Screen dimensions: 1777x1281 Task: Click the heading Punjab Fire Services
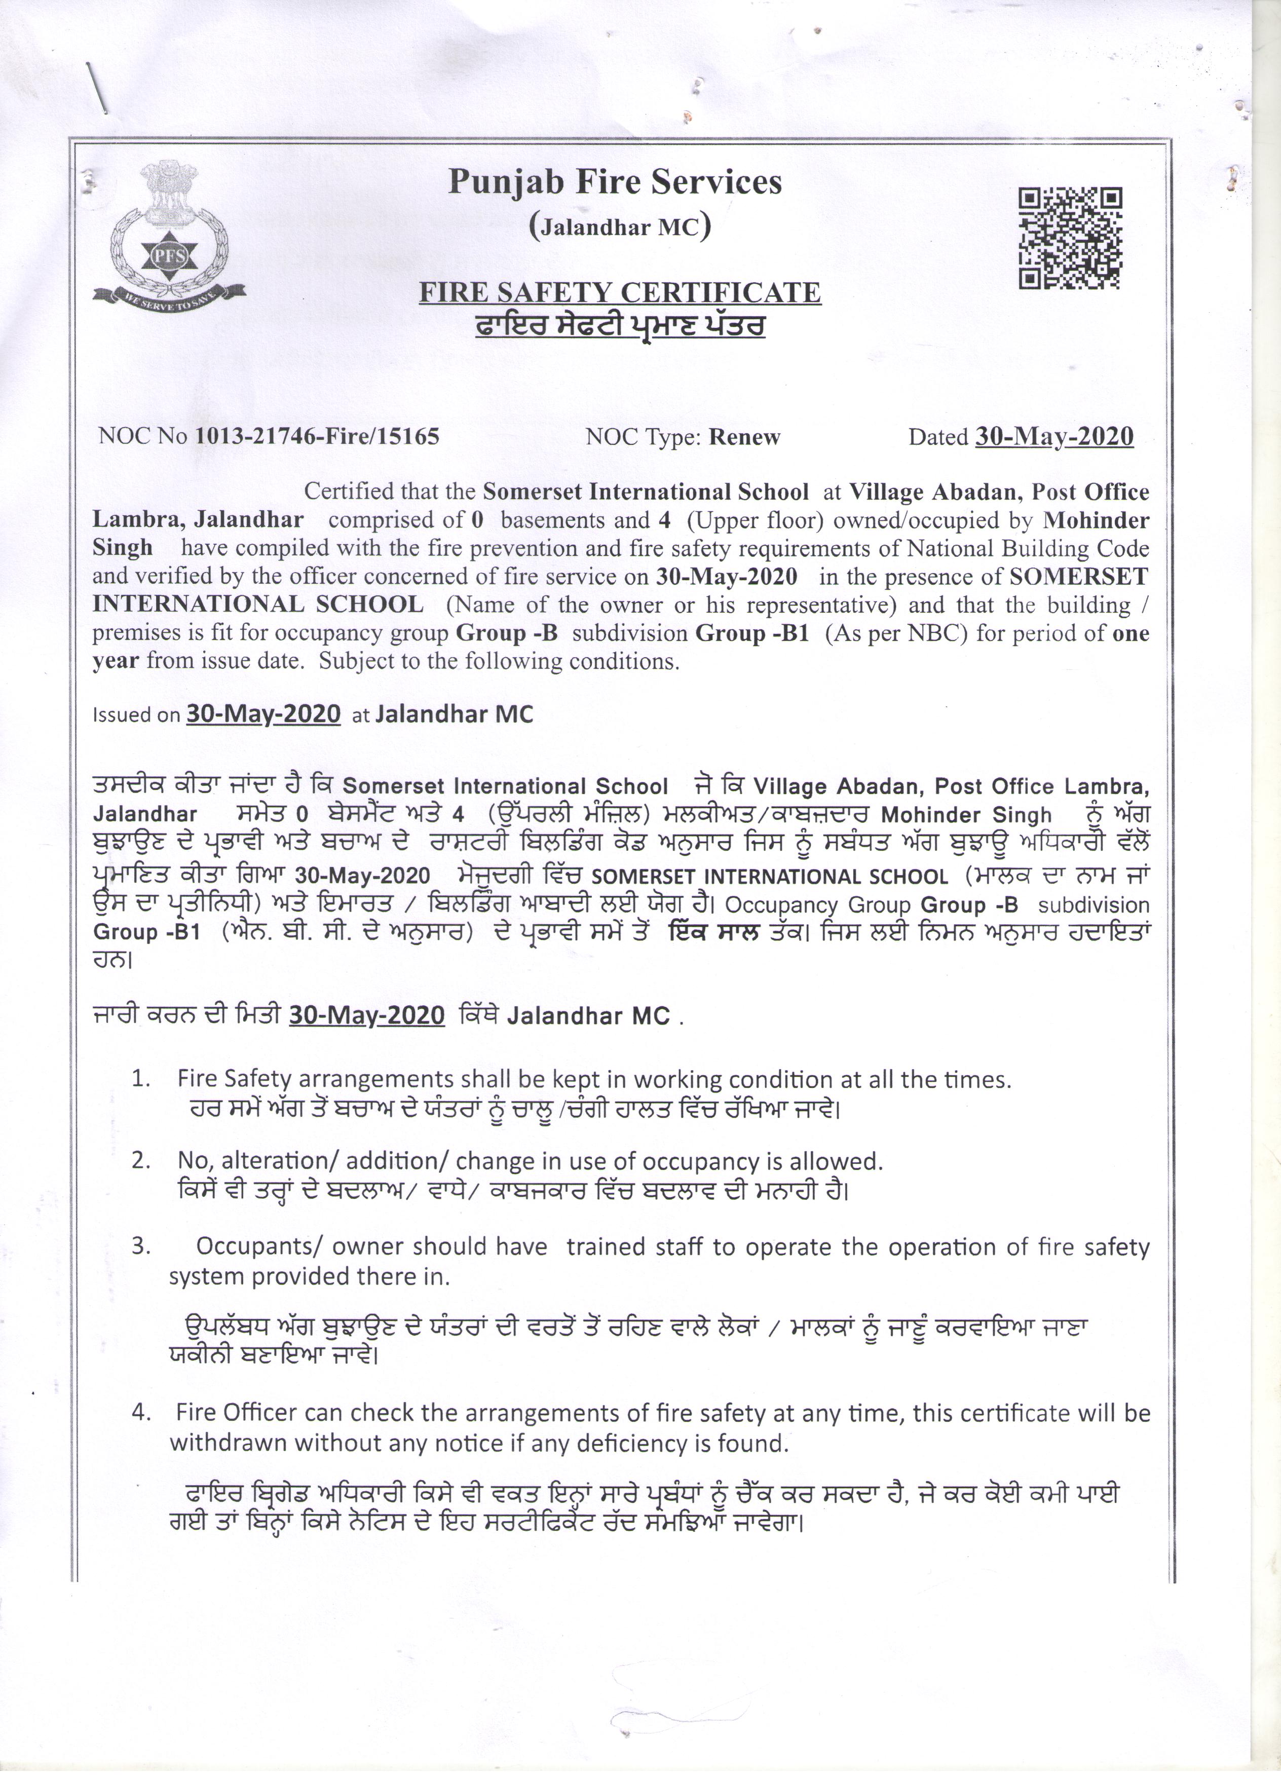(x=615, y=182)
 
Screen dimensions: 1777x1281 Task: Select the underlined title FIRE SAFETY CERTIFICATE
(x=620, y=292)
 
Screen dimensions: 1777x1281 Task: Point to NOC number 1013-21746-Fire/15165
(x=317, y=436)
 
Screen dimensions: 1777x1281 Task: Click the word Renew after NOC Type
(x=744, y=437)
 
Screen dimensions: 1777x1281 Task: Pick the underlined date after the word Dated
(x=1054, y=436)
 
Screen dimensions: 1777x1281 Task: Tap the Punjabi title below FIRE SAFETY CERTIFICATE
(x=620, y=326)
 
